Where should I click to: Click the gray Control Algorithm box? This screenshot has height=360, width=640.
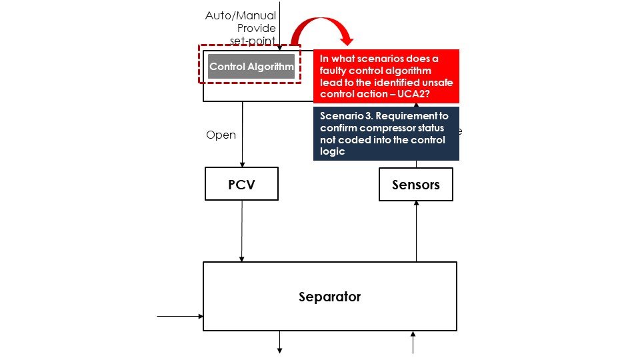[x=251, y=67]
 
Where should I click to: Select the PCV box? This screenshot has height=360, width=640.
[x=241, y=185]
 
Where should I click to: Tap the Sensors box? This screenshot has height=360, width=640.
[x=415, y=185]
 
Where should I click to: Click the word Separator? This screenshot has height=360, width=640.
[x=329, y=297]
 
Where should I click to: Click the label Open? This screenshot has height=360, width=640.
[x=221, y=135]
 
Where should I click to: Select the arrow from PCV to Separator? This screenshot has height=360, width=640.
[x=241, y=230]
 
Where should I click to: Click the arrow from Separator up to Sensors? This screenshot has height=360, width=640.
[x=416, y=231]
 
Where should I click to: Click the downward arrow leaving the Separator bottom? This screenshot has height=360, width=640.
[x=279, y=341]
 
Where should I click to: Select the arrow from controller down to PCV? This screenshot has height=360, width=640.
[x=241, y=133]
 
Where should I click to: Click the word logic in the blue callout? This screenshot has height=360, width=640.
[x=331, y=151]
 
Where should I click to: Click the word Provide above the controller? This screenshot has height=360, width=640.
[x=257, y=28]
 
